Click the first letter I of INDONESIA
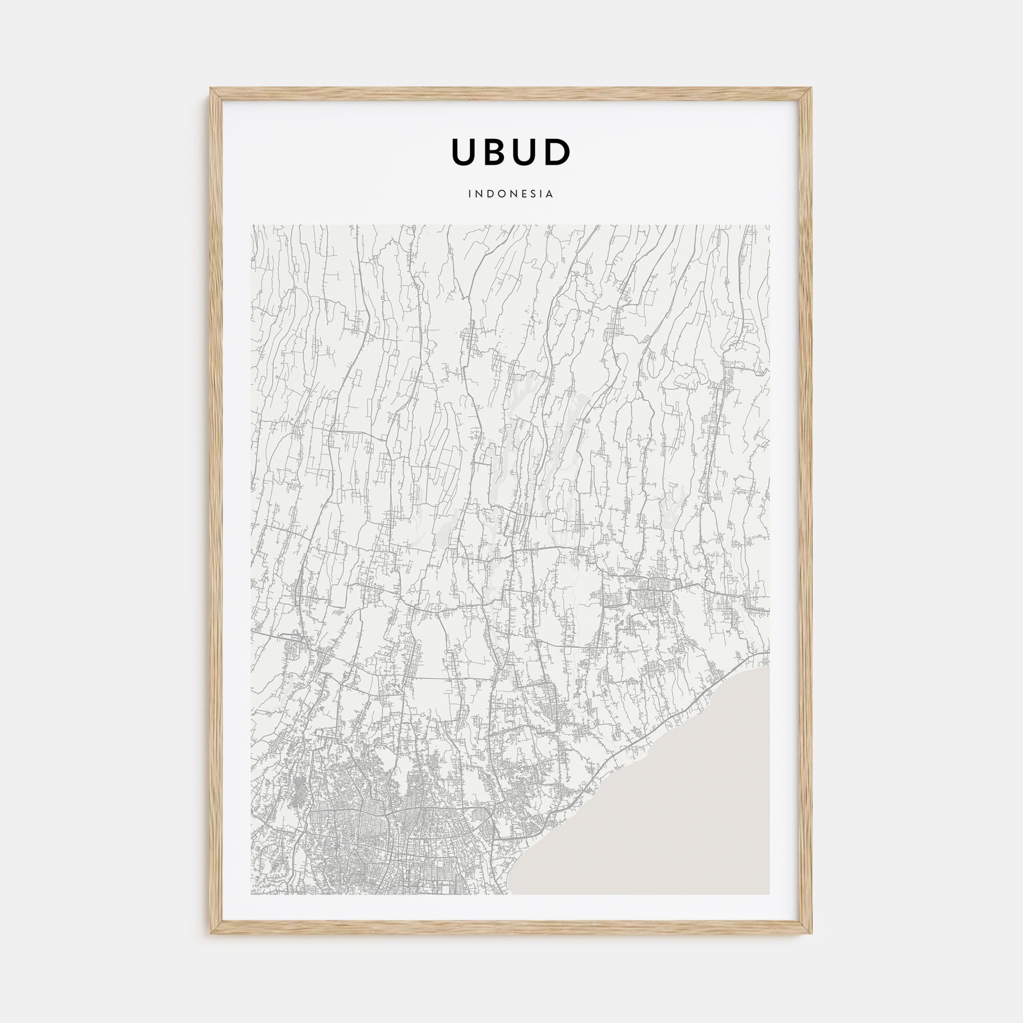[470, 194]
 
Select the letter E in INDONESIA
[524, 194]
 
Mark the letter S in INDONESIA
[533, 194]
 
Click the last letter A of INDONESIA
[550, 194]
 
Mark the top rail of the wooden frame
[511, 94]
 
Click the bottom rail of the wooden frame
[511, 927]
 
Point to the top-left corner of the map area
[252, 226]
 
